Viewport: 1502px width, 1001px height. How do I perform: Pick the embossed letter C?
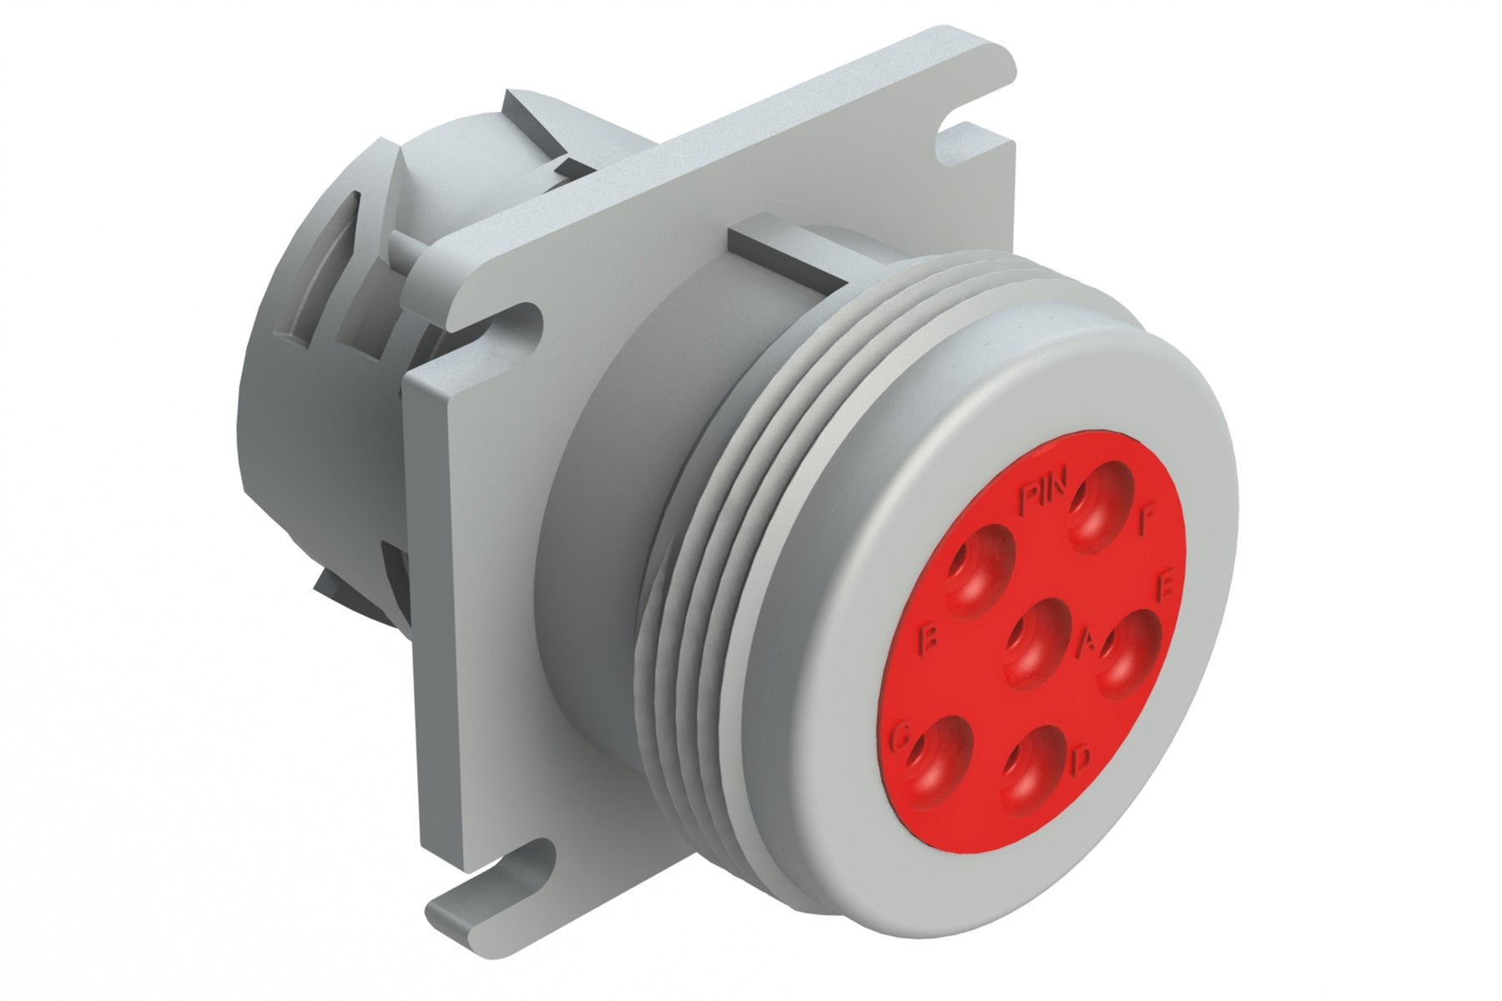901,737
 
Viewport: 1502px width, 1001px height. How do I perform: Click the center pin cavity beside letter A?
1036,642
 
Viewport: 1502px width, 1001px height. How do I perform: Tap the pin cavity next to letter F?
1100,503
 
